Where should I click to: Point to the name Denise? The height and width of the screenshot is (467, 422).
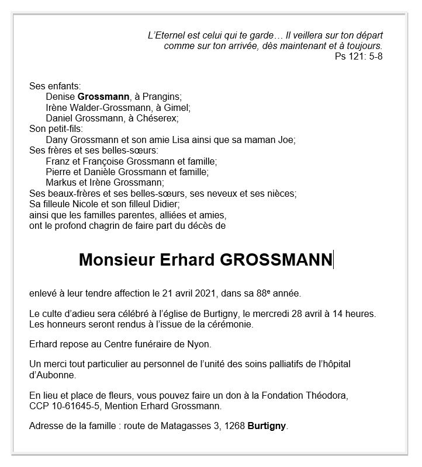(x=60, y=96)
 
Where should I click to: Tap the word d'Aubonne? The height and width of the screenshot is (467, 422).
(x=53, y=374)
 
